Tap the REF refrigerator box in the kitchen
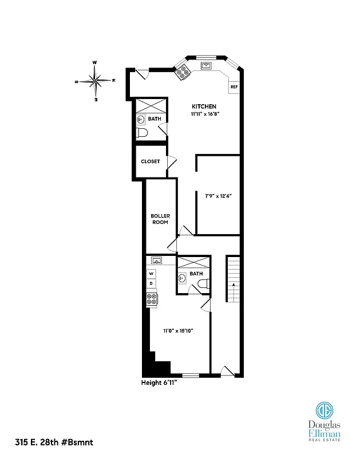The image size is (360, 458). (x=234, y=87)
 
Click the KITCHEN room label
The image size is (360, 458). (x=204, y=106)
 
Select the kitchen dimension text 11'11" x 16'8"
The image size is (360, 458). (x=204, y=114)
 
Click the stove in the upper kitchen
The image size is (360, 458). (x=184, y=71)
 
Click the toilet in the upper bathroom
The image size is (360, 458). (x=142, y=133)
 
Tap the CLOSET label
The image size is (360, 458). (x=151, y=161)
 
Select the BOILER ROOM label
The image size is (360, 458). (x=160, y=219)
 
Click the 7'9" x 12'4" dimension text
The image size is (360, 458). (x=218, y=195)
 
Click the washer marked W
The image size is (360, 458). (x=152, y=274)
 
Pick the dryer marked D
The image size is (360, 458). (x=152, y=283)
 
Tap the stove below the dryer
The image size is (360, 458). (x=152, y=298)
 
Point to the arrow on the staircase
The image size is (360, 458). (x=233, y=284)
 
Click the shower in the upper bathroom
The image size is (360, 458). (x=150, y=106)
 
